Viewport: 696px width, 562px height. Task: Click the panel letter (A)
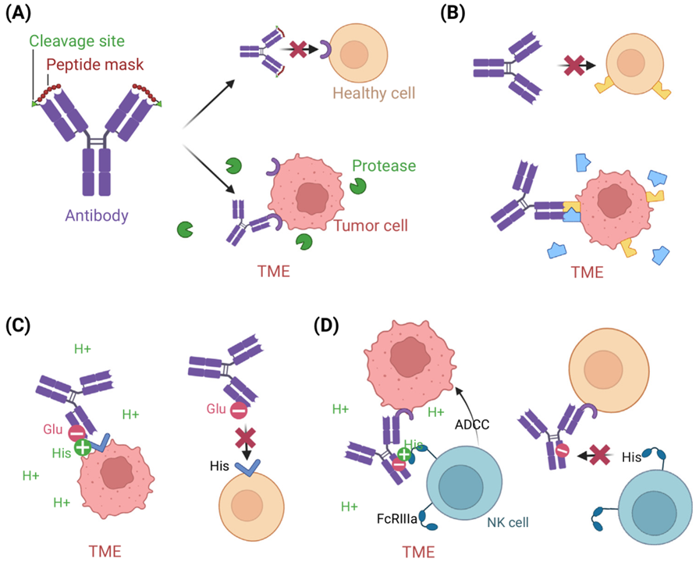click(x=17, y=13)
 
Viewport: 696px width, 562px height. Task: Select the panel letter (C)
click(x=19, y=325)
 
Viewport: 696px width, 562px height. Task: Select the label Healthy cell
click(x=373, y=94)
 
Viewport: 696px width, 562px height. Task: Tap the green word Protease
click(x=383, y=165)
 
